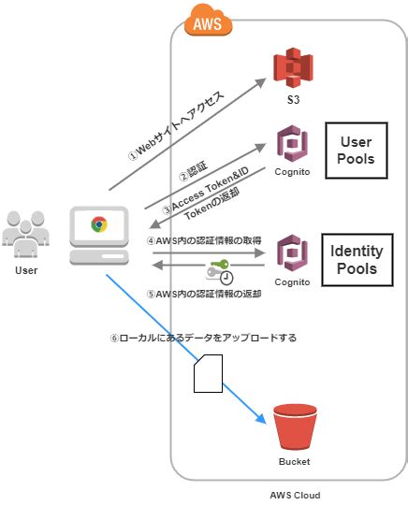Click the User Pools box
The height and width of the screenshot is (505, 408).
(x=356, y=151)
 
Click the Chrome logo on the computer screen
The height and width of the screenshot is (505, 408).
(x=98, y=224)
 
